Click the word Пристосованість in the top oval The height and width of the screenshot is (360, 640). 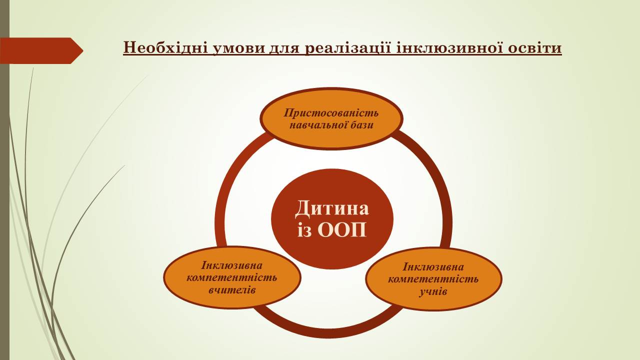pos(331,113)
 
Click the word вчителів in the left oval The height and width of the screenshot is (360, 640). pos(232,290)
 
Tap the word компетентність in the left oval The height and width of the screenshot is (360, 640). pos(231,277)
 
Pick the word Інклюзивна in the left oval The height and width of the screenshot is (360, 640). pos(231,265)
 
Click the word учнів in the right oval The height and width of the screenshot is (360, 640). pos(433,291)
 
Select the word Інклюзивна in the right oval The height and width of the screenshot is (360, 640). pos(433,267)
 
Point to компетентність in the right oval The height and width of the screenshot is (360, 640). pos(433,279)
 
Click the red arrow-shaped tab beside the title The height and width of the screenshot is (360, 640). pos(41,50)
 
